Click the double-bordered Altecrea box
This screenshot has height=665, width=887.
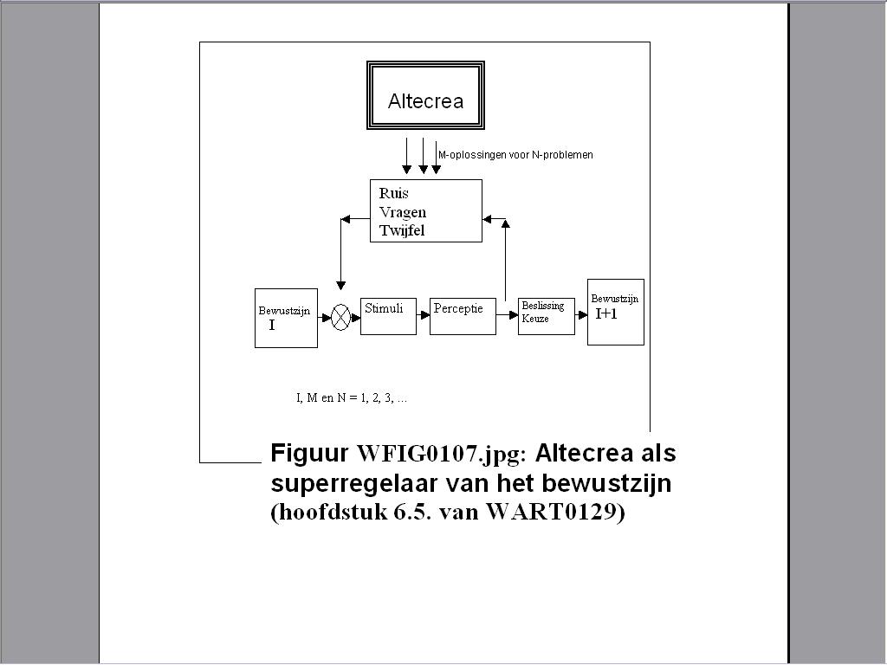[425, 96]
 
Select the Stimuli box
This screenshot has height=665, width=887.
[388, 315]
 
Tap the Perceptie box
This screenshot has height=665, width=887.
[463, 316]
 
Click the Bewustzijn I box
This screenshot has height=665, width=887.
[286, 318]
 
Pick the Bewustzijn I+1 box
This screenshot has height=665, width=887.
[615, 312]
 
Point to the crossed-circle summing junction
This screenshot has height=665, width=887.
[341, 318]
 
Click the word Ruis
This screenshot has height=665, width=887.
[393, 193]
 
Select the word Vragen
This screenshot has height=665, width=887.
[402, 212]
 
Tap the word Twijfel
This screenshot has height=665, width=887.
[402, 230]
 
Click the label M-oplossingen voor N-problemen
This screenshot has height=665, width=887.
[515, 155]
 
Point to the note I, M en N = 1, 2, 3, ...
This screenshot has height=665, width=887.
[352, 398]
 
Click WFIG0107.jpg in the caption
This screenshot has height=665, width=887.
[441, 454]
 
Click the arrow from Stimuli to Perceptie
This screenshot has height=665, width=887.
[423, 318]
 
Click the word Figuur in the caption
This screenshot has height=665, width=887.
[310, 454]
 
